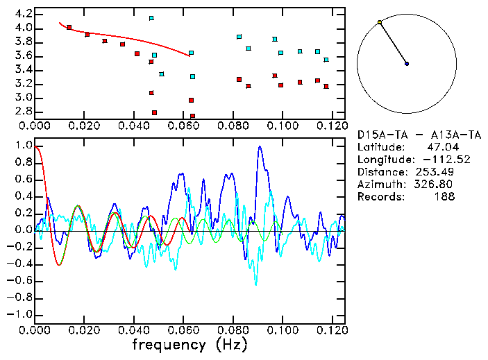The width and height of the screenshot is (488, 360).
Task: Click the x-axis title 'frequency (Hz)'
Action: point(190,344)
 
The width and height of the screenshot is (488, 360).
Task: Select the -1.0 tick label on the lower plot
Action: point(18,314)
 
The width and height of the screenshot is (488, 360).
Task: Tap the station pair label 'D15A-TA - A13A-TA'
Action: point(419,135)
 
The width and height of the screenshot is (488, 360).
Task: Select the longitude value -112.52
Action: point(437,160)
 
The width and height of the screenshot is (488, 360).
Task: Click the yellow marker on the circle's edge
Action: point(380,23)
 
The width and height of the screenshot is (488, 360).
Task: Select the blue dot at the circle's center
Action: point(407,64)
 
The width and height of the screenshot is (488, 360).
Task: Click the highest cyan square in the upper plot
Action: point(151,18)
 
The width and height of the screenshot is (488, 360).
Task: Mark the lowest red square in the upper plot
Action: point(192,116)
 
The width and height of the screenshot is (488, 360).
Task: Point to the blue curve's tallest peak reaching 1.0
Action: point(260,147)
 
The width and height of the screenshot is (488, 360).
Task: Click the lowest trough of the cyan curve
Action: point(255,284)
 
